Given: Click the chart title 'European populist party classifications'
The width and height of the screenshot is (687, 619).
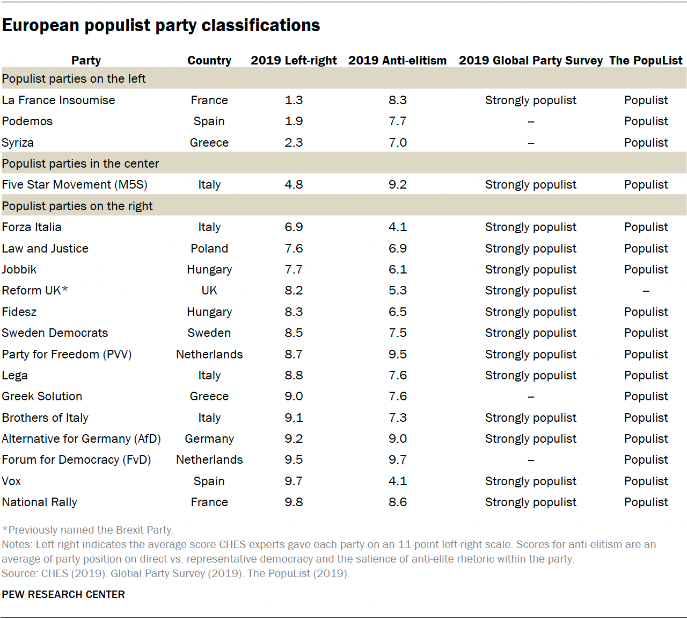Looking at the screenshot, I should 161,25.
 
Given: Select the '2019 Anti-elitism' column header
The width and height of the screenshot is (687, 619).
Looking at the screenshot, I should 397,60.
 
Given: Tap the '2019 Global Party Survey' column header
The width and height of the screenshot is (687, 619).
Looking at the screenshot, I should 530,60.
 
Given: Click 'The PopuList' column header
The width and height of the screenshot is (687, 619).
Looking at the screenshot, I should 646,60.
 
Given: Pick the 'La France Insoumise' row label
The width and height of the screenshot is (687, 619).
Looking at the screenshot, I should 59,100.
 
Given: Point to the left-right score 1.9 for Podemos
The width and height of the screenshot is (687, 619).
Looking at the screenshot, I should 294,121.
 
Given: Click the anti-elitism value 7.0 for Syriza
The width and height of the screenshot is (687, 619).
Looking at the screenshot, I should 398,143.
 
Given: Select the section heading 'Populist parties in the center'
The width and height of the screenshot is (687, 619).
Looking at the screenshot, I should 81,164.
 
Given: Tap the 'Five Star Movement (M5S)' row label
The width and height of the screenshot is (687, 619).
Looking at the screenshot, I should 75,185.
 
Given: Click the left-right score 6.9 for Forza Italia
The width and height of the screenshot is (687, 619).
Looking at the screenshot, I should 294,227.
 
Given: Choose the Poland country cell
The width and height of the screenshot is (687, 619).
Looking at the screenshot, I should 209,249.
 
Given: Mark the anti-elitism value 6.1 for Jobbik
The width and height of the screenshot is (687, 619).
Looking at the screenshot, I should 398,270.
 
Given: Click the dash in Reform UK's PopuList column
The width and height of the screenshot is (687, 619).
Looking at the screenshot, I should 646,291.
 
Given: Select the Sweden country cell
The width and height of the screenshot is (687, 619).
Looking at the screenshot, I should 209,333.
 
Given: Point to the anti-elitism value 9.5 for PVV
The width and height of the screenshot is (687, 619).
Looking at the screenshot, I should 398,355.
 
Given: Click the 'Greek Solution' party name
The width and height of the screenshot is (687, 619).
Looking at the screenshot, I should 42,397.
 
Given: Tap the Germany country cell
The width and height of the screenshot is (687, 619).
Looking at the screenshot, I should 209,439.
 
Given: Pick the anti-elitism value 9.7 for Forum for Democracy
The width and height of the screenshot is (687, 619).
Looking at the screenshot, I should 398,460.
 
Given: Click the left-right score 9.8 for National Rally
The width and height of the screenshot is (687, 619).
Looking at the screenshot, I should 294,502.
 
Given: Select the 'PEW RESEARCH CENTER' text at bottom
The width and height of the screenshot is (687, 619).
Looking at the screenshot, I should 63,594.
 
